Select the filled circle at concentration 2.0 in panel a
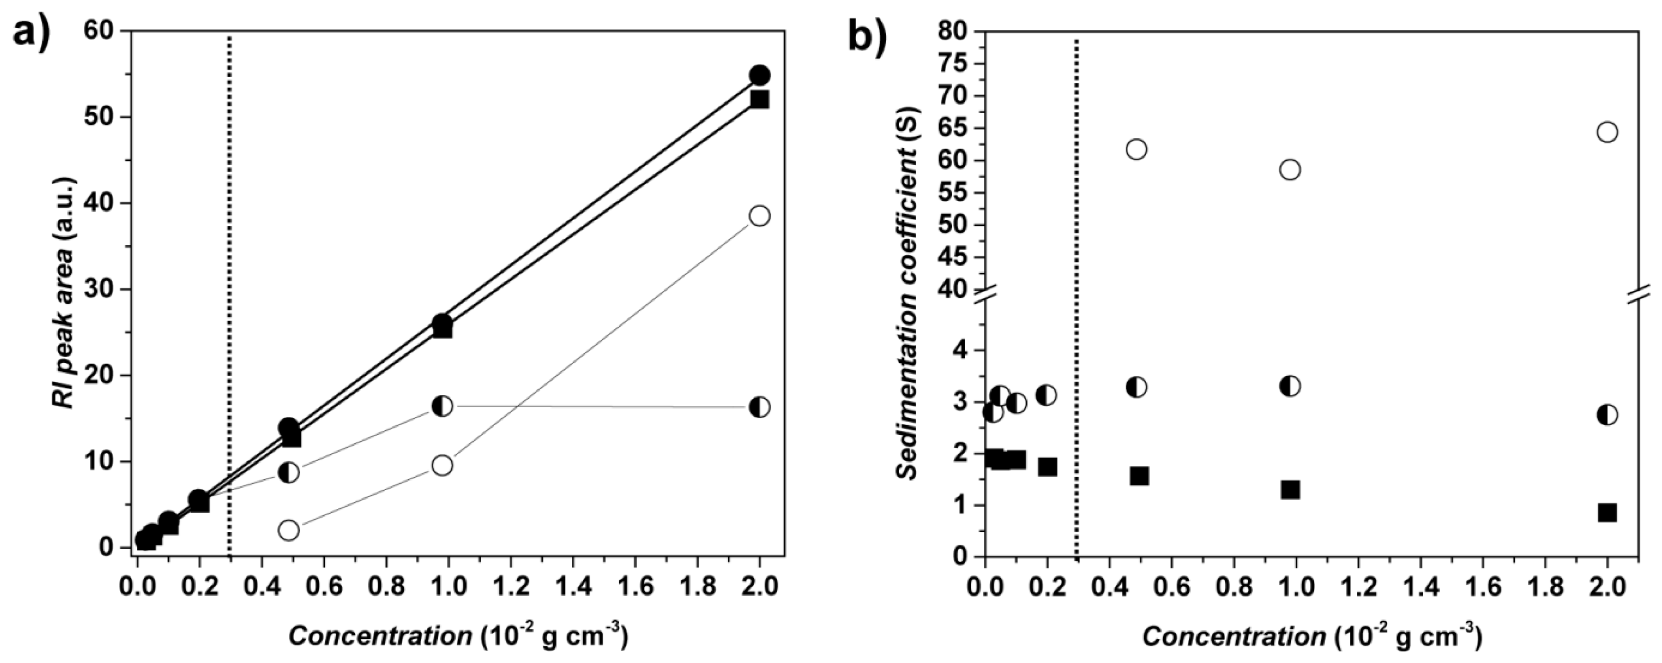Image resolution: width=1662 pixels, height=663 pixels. [x=759, y=75]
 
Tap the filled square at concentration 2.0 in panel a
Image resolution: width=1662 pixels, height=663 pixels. [x=759, y=99]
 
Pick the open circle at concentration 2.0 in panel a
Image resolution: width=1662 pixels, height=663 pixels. [x=760, y=215]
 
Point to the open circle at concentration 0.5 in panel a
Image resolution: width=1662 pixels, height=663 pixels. [x=289, y=530]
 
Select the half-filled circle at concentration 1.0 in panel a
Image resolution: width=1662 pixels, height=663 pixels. [x=442, y=406]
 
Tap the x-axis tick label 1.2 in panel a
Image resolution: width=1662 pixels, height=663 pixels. [x=511, y=587]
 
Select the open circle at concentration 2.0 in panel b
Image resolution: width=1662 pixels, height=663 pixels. [x=1607, y=132]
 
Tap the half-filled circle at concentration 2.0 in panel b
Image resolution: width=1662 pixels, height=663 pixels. [x=1607, y=415]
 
